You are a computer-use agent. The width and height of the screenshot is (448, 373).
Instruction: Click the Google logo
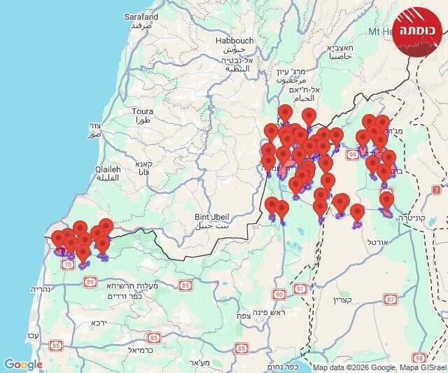tap(23, 365)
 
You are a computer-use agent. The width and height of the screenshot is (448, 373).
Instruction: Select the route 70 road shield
tap(68, 265)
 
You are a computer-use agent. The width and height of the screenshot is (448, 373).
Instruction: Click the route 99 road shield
tap(352, 155)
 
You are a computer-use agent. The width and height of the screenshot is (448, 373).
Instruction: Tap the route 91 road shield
tap(300, 288)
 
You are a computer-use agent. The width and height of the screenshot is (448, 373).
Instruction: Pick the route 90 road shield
tap(279, 295)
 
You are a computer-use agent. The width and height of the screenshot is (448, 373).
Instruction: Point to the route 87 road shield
tap(391, 300)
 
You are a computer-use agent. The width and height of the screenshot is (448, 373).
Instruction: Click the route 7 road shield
tap(436, 190)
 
